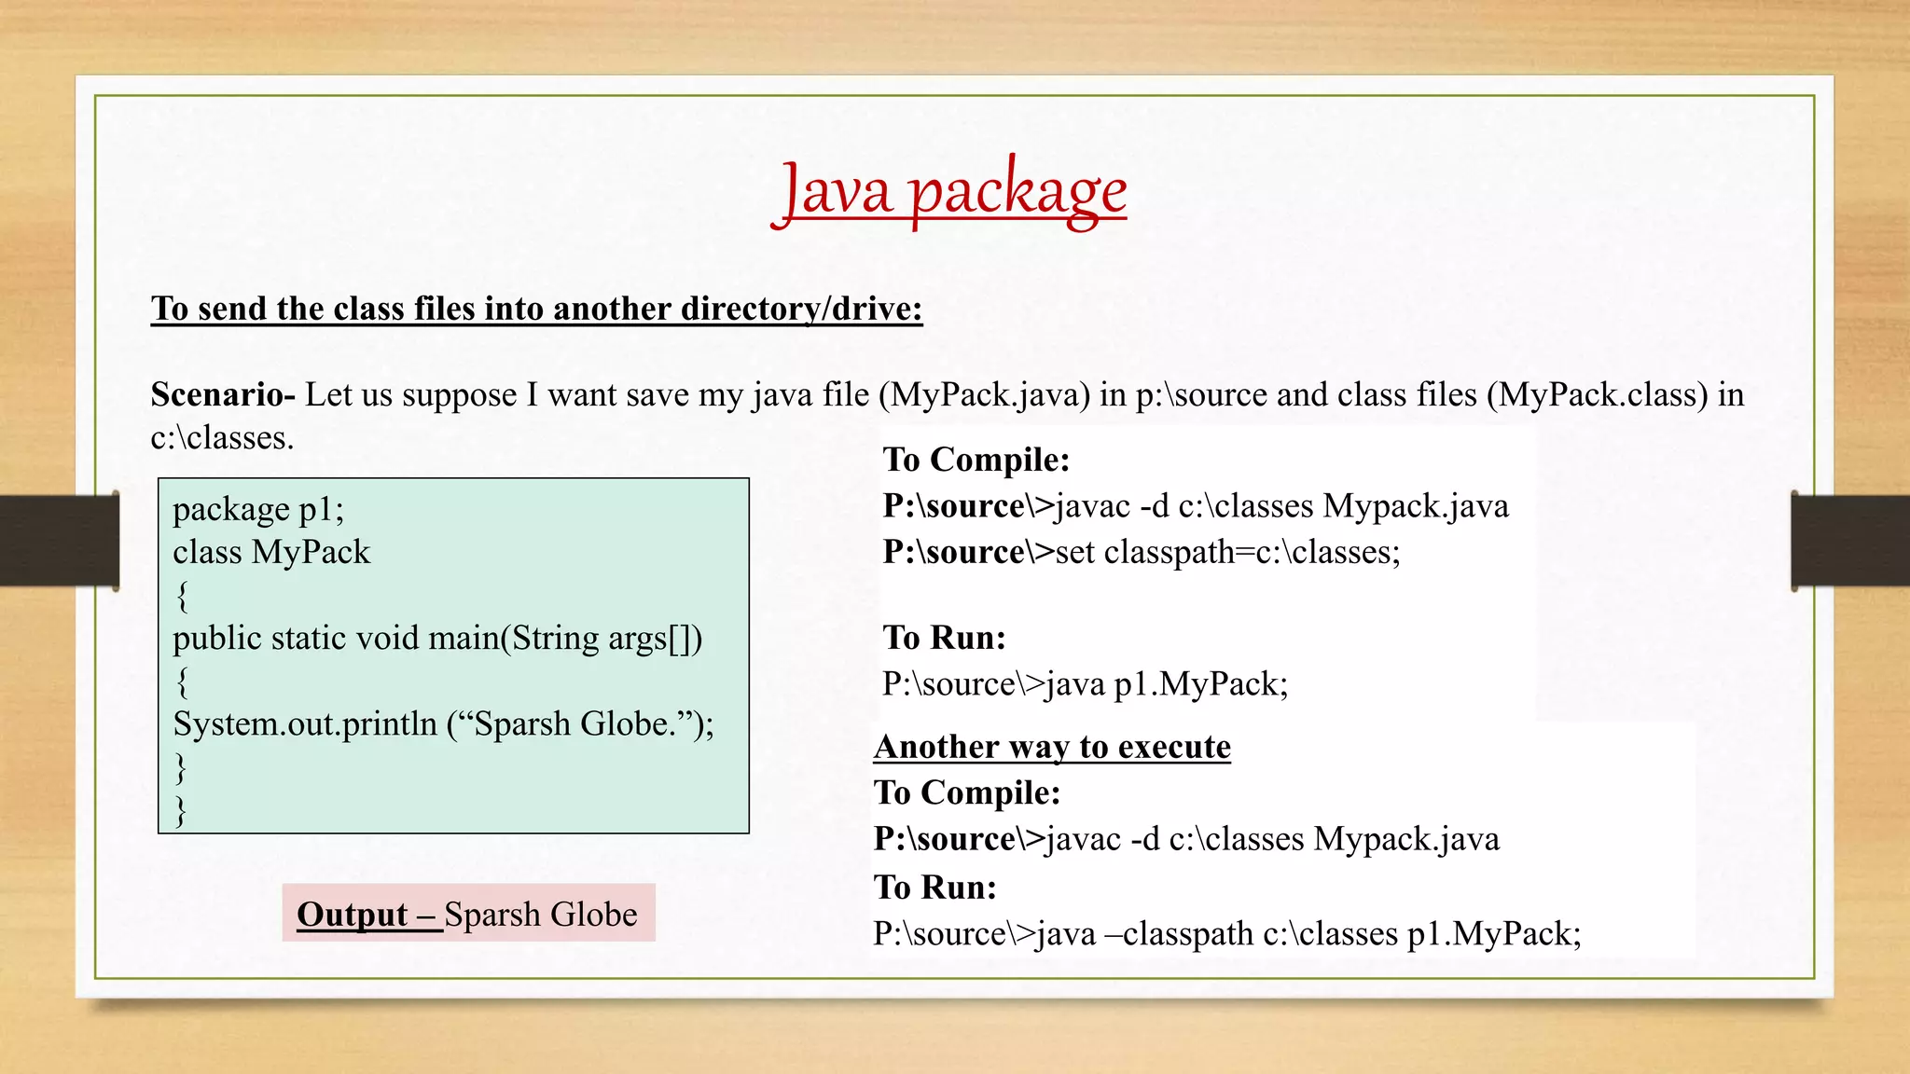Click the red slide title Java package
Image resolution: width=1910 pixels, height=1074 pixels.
click(x=948, y=191)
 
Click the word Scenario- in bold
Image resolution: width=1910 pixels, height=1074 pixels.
click(x=223, y=395)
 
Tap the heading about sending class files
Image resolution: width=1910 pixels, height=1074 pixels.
click(x=536, y=309)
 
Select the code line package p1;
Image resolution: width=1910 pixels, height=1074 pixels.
click(x=258, y=509)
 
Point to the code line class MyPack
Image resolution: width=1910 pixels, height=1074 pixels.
click(x=271, y=552)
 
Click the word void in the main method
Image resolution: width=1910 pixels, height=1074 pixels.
click(x=388, y=639)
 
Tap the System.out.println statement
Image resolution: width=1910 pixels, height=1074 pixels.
click(x=443, y=724)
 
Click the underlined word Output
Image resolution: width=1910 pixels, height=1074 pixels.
click(x=353, y=915)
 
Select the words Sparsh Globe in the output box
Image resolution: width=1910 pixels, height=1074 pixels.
click(x=541, y=915)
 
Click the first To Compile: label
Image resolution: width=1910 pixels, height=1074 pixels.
click(x=976, y=460)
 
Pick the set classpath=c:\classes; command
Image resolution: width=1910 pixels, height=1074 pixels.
click(x=1227, y=552)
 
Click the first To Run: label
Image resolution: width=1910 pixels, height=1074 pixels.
click(x=944, y=638)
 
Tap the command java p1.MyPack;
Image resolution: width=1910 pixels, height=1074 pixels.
click(x=1167, y=684)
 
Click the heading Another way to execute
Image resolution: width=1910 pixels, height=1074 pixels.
click(x=1052, y=747)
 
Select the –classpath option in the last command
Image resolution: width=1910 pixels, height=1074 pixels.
click(x=1179, y=933)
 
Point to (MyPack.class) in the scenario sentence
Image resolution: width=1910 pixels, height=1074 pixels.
click(x=1597, y=395)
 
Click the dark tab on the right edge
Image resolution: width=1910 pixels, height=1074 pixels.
click(x=1850, y=541)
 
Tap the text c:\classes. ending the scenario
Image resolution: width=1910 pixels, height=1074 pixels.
click(x=222, y=438)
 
